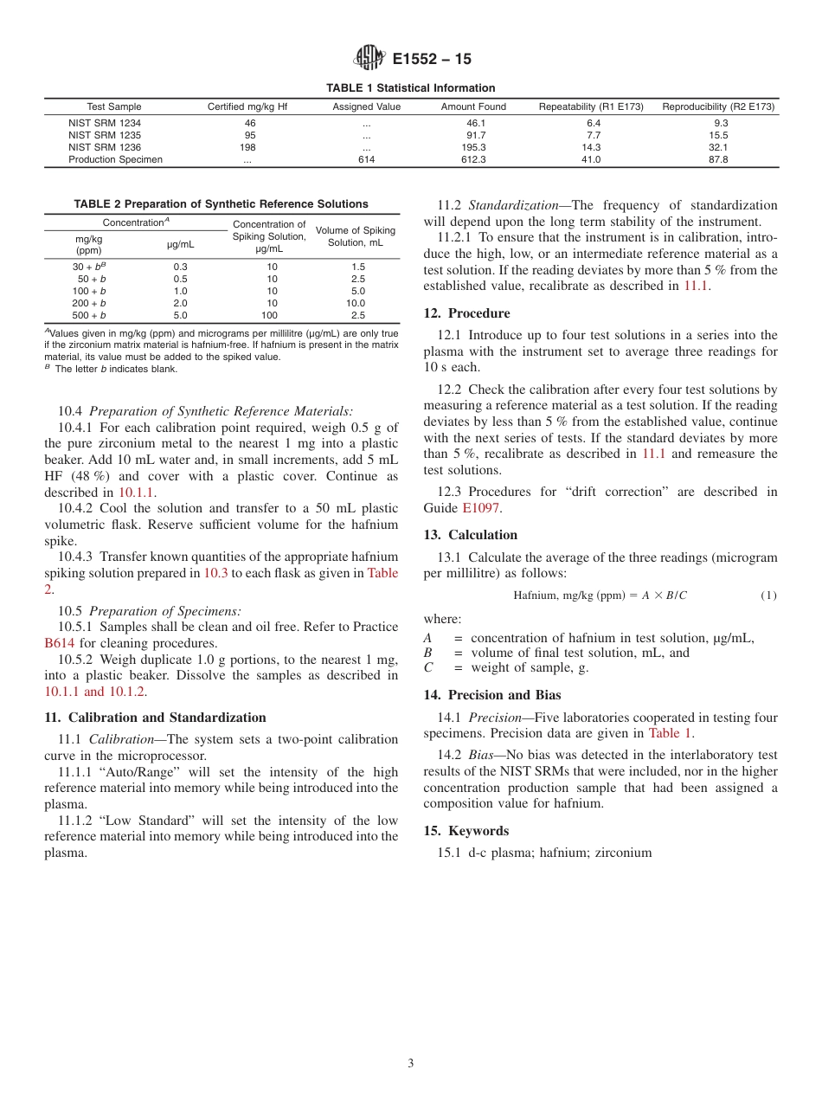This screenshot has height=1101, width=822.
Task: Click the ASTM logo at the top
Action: coord(369,60)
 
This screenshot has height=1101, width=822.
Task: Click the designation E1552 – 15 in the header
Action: coord(432,60)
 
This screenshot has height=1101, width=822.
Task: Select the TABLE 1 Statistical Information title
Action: coord(410,87)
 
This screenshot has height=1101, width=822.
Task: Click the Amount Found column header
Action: coord(473,107)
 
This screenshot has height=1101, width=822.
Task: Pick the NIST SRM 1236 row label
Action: coord(105,147)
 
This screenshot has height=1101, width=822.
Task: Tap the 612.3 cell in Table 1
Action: coord(473,159)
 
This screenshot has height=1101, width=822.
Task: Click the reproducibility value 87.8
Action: coord(718,159)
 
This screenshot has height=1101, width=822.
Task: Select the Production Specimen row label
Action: coord(115,159)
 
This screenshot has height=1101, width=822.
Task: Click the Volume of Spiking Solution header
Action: coord(355,236)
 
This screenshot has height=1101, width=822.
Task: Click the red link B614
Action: coord(60,643)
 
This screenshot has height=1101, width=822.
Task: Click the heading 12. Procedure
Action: coord(466,313)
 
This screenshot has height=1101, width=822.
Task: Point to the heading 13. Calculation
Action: coord(470,535)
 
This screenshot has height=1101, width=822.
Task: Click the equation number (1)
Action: coord(768,596)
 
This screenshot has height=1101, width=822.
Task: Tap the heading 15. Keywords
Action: coord(466,831)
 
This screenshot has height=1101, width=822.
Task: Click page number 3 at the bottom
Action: coord(410,1064)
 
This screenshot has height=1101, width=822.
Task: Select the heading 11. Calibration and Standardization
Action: coord(155,718)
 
